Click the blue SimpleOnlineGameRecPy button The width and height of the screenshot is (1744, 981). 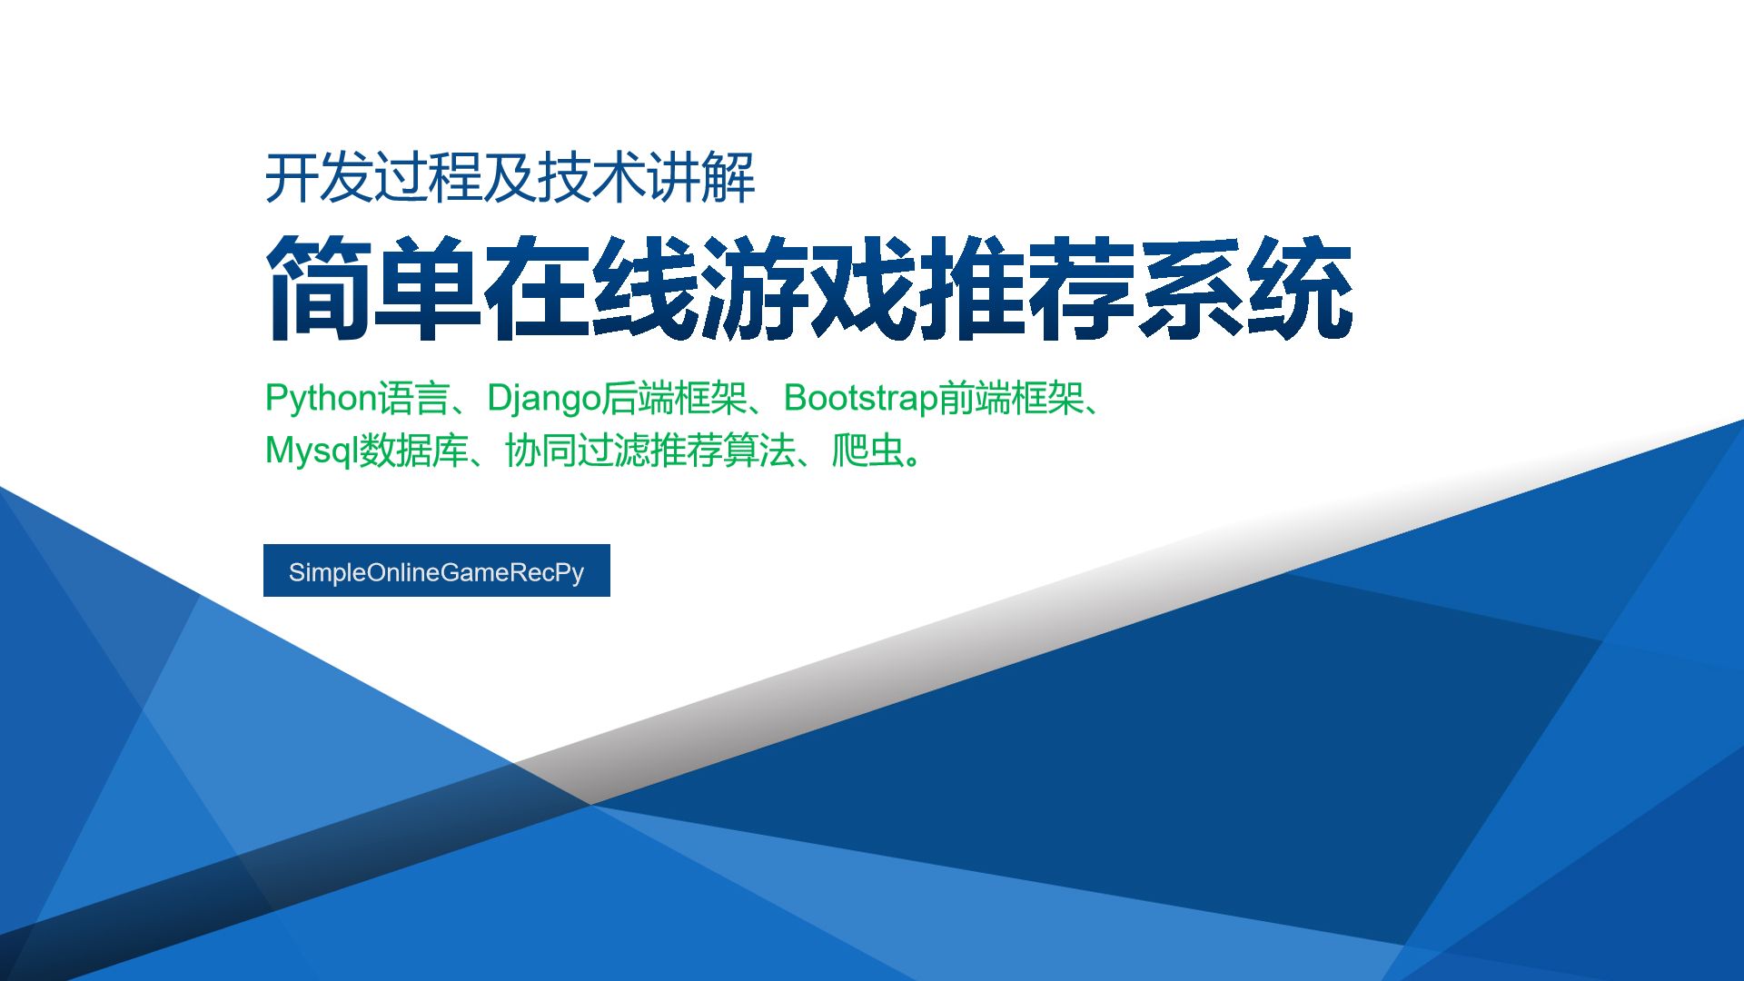tap(437, 570)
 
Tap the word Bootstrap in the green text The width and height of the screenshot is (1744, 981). tap(860, 398)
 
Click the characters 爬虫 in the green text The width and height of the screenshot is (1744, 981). tap(867, 451)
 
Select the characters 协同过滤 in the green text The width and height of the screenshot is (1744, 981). tap(577, 451)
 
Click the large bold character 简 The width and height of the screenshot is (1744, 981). tap(319, 288)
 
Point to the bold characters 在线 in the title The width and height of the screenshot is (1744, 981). tap(591, 288)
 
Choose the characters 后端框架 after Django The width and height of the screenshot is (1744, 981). tap(674, 398)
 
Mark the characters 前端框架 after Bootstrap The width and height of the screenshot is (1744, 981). tap(1010, 398)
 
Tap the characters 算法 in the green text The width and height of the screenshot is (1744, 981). tap(758, 451)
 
